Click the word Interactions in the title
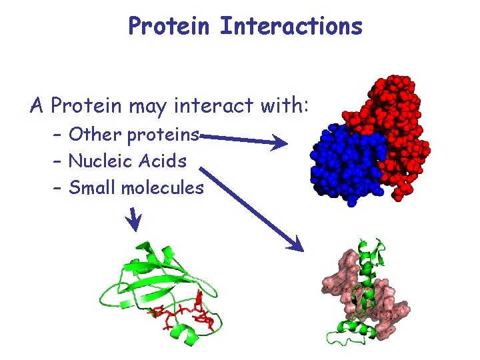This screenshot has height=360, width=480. (291, 27)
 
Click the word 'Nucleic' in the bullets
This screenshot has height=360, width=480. (101, 161)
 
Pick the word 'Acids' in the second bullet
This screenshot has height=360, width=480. (163, 161)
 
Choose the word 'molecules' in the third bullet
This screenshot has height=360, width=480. (163, 188)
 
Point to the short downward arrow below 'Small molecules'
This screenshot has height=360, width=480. (135, 220)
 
